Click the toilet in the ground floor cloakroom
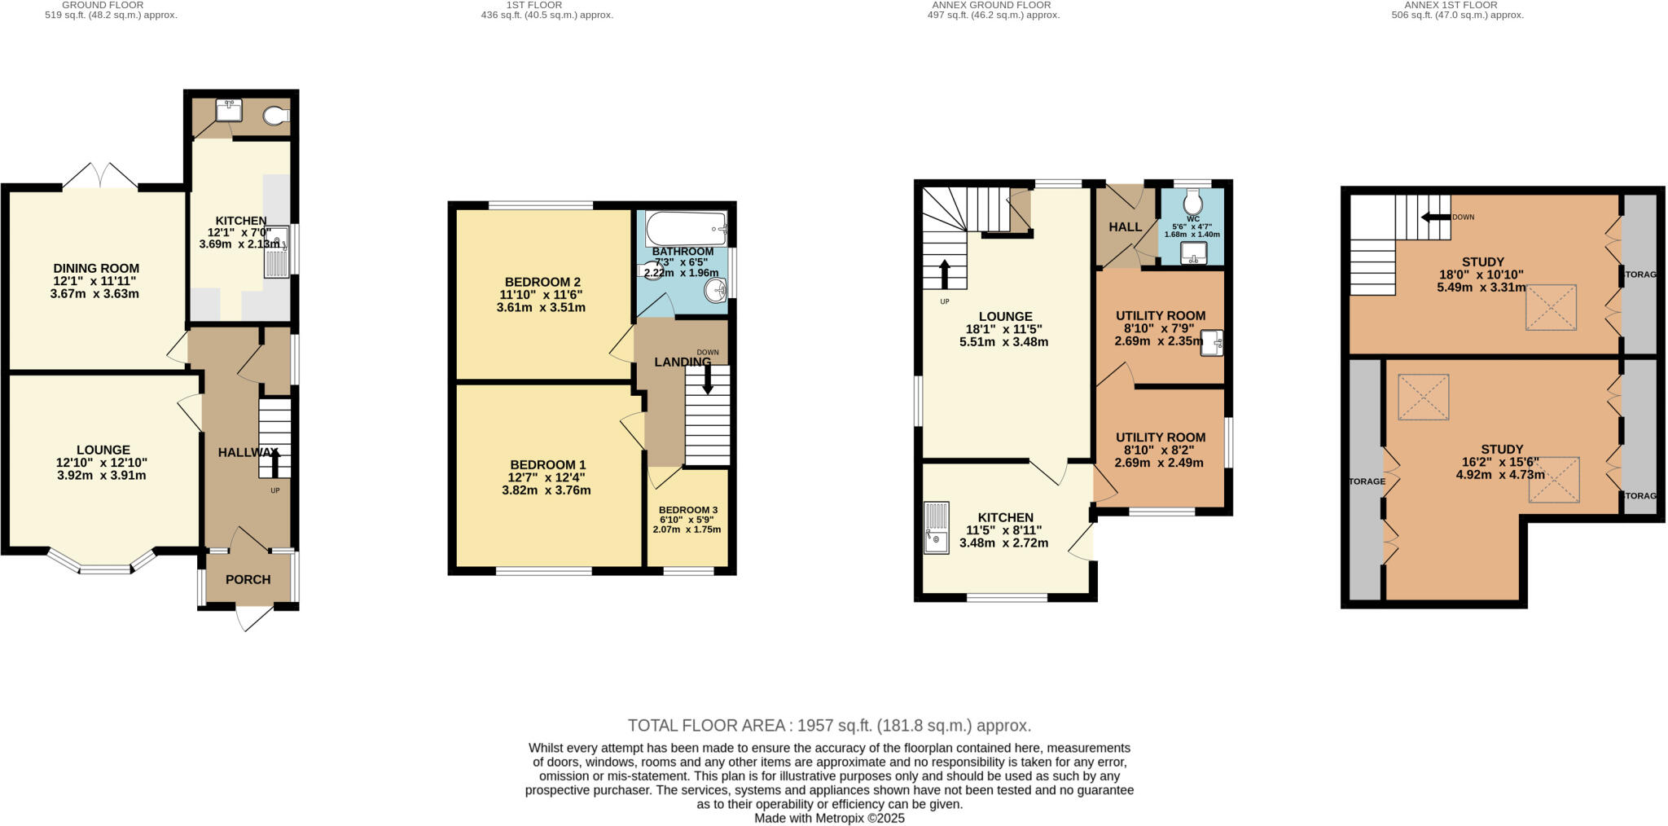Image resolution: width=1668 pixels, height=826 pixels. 277,117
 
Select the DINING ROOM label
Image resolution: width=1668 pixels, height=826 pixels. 96,268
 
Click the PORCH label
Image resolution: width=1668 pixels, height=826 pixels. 248,580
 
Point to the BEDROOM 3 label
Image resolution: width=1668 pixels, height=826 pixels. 688,510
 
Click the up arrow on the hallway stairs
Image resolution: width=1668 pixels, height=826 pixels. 274,464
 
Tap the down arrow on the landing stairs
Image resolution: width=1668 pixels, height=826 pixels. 706,380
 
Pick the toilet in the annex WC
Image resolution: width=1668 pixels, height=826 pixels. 1193,200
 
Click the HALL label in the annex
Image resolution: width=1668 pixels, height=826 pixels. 1125,226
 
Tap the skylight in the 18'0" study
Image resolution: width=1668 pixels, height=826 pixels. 1551,307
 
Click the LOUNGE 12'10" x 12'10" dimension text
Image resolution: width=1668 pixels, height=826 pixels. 102,463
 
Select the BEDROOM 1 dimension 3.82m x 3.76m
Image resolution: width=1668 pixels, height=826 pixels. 546,490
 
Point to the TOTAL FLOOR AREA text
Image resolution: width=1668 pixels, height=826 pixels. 829,725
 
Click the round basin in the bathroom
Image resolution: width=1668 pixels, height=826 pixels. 716,288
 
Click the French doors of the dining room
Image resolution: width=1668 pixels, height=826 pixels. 100,175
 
